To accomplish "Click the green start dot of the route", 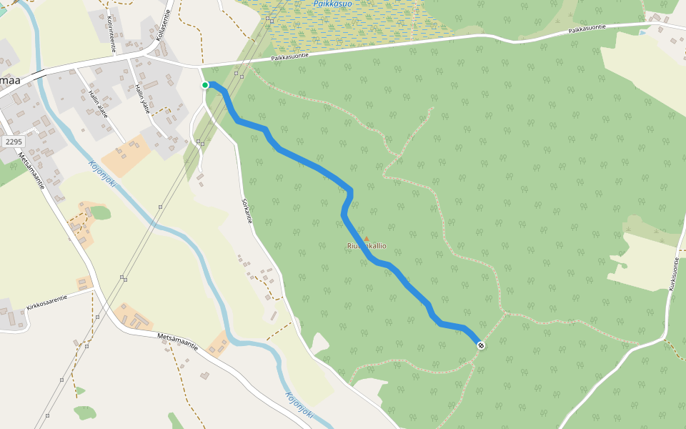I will tap(205, 85).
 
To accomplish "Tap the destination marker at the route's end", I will tap(482, 346).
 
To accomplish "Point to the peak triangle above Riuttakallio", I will tap(367, 239).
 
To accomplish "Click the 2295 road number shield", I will tap(14, 142).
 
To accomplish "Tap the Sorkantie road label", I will tap(247, 211).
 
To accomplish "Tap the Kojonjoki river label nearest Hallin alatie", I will tap(102, 174).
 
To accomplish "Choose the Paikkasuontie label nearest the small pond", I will tap(587, 29).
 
